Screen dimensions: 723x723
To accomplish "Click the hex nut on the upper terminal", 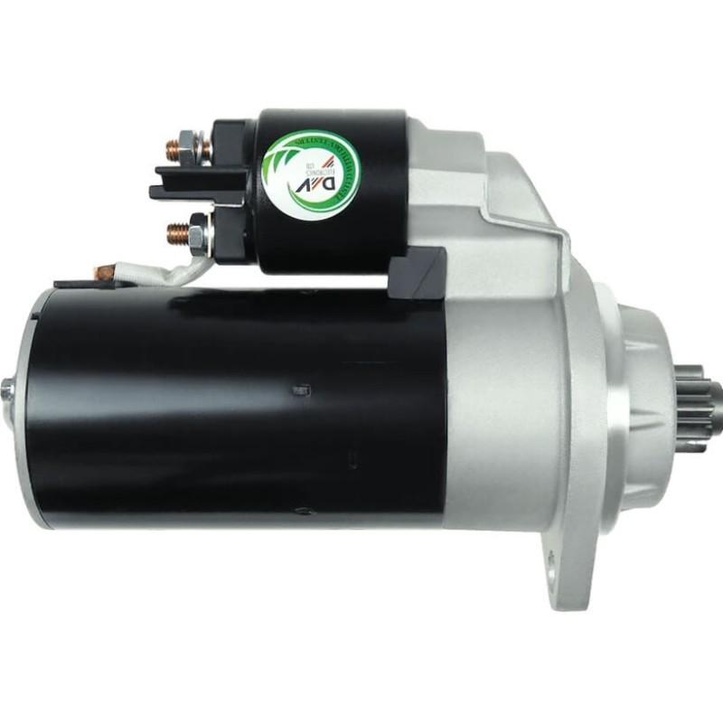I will tap(188, 145).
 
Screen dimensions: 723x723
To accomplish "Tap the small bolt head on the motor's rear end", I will tap(7, 389).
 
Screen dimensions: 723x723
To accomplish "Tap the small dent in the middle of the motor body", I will tap(297, 390).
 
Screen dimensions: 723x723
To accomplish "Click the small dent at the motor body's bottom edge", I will tap(304, 511).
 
